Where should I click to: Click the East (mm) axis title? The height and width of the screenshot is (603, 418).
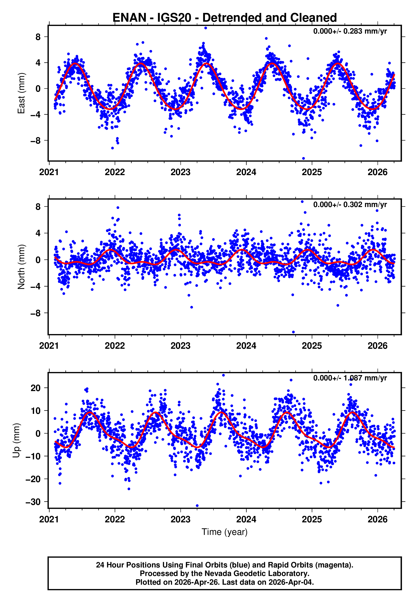(21, 93)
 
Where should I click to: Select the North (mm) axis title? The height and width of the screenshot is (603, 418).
(21, 267)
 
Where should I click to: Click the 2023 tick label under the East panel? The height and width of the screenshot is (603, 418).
(180, 172)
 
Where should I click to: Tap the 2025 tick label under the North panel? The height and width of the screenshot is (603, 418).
(312, 346)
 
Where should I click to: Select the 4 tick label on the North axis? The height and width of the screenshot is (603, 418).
(38, 233)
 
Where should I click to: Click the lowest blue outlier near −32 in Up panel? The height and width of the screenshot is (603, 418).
(197, 506)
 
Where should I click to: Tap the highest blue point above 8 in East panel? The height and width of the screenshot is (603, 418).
(206, 28)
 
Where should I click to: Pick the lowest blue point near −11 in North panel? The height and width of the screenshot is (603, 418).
(293, 332)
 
